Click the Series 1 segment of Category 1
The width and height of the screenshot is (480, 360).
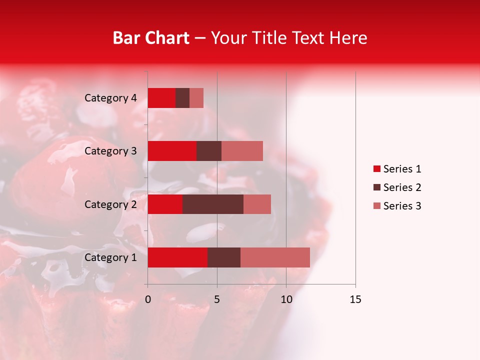coord(177,257)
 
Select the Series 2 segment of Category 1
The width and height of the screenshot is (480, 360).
coord(224,257)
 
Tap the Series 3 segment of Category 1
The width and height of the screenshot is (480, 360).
coord(275,257)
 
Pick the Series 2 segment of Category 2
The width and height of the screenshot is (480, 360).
coord(213,204)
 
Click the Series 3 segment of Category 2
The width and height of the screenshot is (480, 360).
coord(257,204)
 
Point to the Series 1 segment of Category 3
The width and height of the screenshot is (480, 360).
coord(172,151)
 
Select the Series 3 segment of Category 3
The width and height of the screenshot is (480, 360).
coord(242,151)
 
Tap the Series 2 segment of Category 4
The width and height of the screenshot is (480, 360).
coord(182,98)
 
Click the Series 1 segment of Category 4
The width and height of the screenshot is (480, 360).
coord(161,98)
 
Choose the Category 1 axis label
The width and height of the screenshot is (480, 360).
coord(110,257)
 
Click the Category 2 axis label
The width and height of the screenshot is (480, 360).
coord(110,204)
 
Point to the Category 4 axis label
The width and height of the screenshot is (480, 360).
coord(110,98)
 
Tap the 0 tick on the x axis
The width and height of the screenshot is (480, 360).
coord(148,299)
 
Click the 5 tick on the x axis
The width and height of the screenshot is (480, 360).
coord(217,299)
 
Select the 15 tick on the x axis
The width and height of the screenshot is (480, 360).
coord(355,299)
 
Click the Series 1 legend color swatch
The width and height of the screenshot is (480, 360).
coord(376,169)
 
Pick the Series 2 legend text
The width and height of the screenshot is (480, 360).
coord(402,187)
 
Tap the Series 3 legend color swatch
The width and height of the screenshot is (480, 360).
coord(376,206)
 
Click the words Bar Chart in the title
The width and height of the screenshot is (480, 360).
coord(151,37)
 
